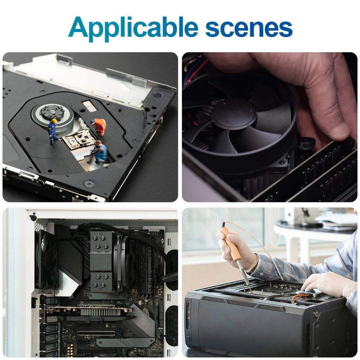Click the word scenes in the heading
tap(249, 28)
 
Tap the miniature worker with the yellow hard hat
tap(53, 131)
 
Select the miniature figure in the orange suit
tap(99, 126)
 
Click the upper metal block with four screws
tap(101, 251)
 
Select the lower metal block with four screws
tap(100, 282)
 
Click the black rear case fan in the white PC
tap(47, 260)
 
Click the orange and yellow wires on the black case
tap(300, 299)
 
